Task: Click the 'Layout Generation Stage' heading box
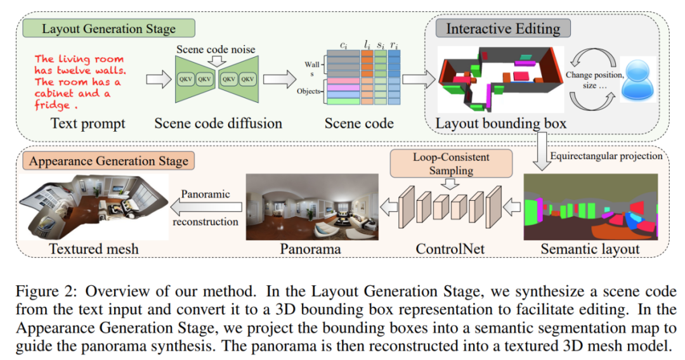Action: [x=108, y=29]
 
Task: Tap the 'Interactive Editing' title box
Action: [x=503, y=29]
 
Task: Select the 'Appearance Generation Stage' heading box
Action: [x=107, y=160]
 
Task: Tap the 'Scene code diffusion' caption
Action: [x=218, y=123]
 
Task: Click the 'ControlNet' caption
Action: [x=450, y=249]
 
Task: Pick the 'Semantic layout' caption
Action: [x=590, y=249]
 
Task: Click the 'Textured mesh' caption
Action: [x=94, y=249]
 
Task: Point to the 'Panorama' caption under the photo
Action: [x=311, y=249]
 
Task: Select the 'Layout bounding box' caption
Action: [x=500, y=123]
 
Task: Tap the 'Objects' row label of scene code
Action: [x=310, y=91]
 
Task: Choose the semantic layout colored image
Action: [x=590, y=207]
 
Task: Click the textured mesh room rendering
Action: [x=94, y=206]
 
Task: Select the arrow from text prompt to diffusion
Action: [x=156, y=80]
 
